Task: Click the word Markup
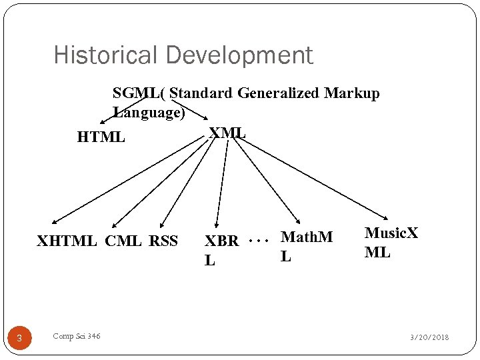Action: (x=352, y=93)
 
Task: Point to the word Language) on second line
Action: (x=149, y=112)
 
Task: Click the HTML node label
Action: (x=101, y=137)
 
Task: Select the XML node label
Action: (x=227, y=133)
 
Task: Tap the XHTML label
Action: (x=67, y=241)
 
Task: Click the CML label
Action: (x=123, y=241)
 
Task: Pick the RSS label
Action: (x=163, y=241)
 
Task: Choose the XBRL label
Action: (x=221, y=250)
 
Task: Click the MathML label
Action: (x=306, y=245)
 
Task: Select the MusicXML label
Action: (x=391, y=242)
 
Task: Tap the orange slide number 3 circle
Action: (x=19, y=339)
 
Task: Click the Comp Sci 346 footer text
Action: (x=77, y=337)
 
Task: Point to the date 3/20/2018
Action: (x=429, y=337)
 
